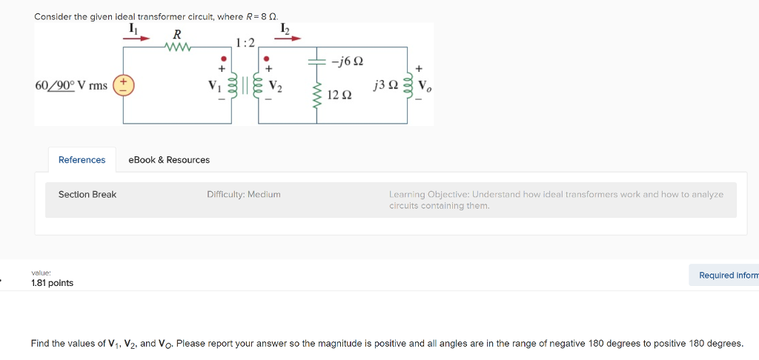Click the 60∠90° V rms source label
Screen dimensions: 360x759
[71, 85]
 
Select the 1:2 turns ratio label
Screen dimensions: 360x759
[245, 42]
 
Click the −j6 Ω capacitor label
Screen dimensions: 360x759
[347, 61]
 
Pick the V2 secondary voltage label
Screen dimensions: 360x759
[275, 85]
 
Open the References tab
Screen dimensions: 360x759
[82, 160]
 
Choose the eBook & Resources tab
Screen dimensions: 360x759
[169, 160]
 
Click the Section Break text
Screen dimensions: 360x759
[87, 195]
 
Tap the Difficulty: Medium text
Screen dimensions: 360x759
[244, 195]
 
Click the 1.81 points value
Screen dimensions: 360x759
[53, 283]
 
